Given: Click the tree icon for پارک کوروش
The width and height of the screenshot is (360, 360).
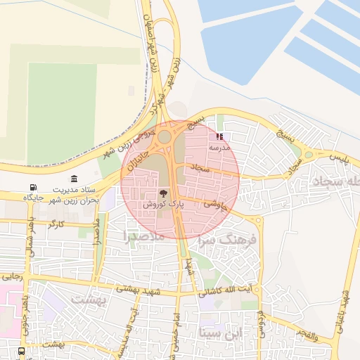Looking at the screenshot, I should click(163, 192).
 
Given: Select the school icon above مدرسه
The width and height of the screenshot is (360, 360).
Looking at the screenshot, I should click(220, 136).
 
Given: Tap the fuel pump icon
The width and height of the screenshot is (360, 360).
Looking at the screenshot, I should click(33, 187).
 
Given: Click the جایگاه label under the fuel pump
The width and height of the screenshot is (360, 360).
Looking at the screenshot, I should click(34, 198).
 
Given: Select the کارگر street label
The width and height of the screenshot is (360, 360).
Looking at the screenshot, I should click(56, 224).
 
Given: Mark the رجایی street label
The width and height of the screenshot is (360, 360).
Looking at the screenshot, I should click(12, 276).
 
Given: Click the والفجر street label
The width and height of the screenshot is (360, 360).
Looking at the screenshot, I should click(326, 336).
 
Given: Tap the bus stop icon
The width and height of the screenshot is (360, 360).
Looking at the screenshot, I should click(21, 350).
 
